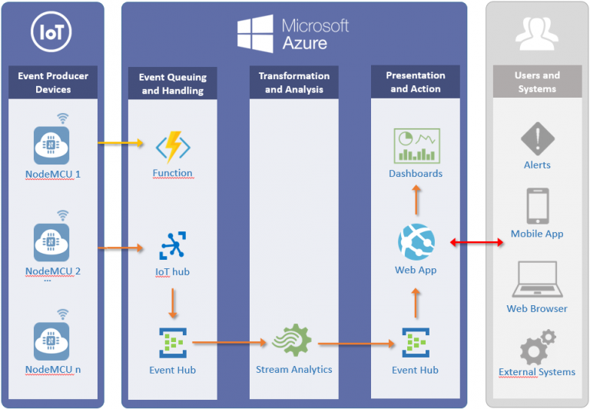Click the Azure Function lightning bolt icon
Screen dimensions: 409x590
(x=172, y=146)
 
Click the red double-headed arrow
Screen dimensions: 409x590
(x=476, y=243)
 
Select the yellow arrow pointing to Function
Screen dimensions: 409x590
(x=121, y=142)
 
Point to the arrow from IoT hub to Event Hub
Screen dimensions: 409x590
(x=173, y=303)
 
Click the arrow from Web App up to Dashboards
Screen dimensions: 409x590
(x=416, y=201)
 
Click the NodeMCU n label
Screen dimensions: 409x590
(x=53, y=370)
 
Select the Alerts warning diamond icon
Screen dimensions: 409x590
(x=537, y=139)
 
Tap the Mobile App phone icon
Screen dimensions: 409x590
(x=537, y=206)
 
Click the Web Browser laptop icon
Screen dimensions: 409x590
(x=537, y=280)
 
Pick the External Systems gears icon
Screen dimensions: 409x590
(x=537, y=347)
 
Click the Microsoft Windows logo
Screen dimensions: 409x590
(x=255, y=35)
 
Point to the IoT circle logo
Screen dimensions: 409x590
(x=51, y=33)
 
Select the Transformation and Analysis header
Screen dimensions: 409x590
(x=294, y=83)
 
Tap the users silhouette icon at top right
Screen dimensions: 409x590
(x=536, y=33)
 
